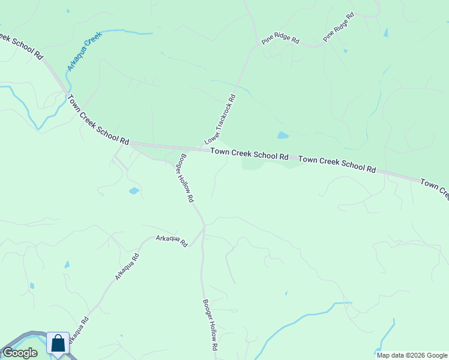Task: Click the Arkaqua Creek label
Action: coord(85,51)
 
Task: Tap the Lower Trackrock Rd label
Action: coord(220,119)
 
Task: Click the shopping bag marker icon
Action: coord(58,344)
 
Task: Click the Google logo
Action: coord(20,353)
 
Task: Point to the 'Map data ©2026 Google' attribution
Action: coord(412,355)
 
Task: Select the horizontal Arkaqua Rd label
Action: coord(172,240)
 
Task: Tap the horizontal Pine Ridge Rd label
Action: coord(280,38)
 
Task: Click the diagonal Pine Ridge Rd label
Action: coord(339,27)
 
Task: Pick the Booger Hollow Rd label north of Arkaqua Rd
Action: coord(184,178)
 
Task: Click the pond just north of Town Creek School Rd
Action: coord(283,136)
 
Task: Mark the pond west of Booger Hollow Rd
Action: coord(134,191)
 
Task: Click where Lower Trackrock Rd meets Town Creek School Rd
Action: coord(201,148)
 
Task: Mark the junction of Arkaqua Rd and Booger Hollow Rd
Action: coord(204,226)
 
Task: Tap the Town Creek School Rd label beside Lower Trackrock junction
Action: coord(249,154)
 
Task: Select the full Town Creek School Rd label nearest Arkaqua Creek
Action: coord(98,120)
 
